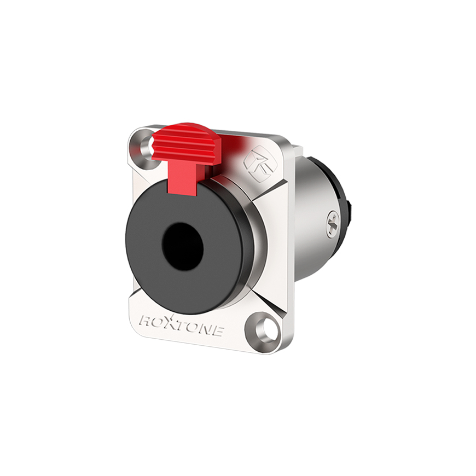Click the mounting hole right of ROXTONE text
point(266,329)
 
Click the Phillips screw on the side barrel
point(333,225)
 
